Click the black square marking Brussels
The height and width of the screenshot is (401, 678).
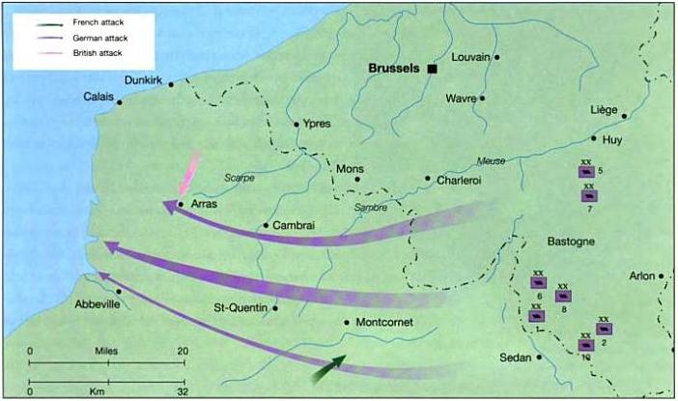point(434,70)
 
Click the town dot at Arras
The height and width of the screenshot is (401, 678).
point(181,205)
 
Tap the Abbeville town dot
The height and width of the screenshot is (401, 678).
point(118,291)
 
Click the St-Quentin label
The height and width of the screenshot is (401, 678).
point(240,309)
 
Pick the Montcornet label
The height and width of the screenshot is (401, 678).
point(385,323)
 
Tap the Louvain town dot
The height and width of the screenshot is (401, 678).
point(497,57)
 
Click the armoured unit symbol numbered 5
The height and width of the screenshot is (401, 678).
point(585,172)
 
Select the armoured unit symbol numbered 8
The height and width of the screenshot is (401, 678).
point(563,297)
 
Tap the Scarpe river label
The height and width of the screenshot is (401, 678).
point(239,179)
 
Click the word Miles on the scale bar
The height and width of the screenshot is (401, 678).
point(106,350)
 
